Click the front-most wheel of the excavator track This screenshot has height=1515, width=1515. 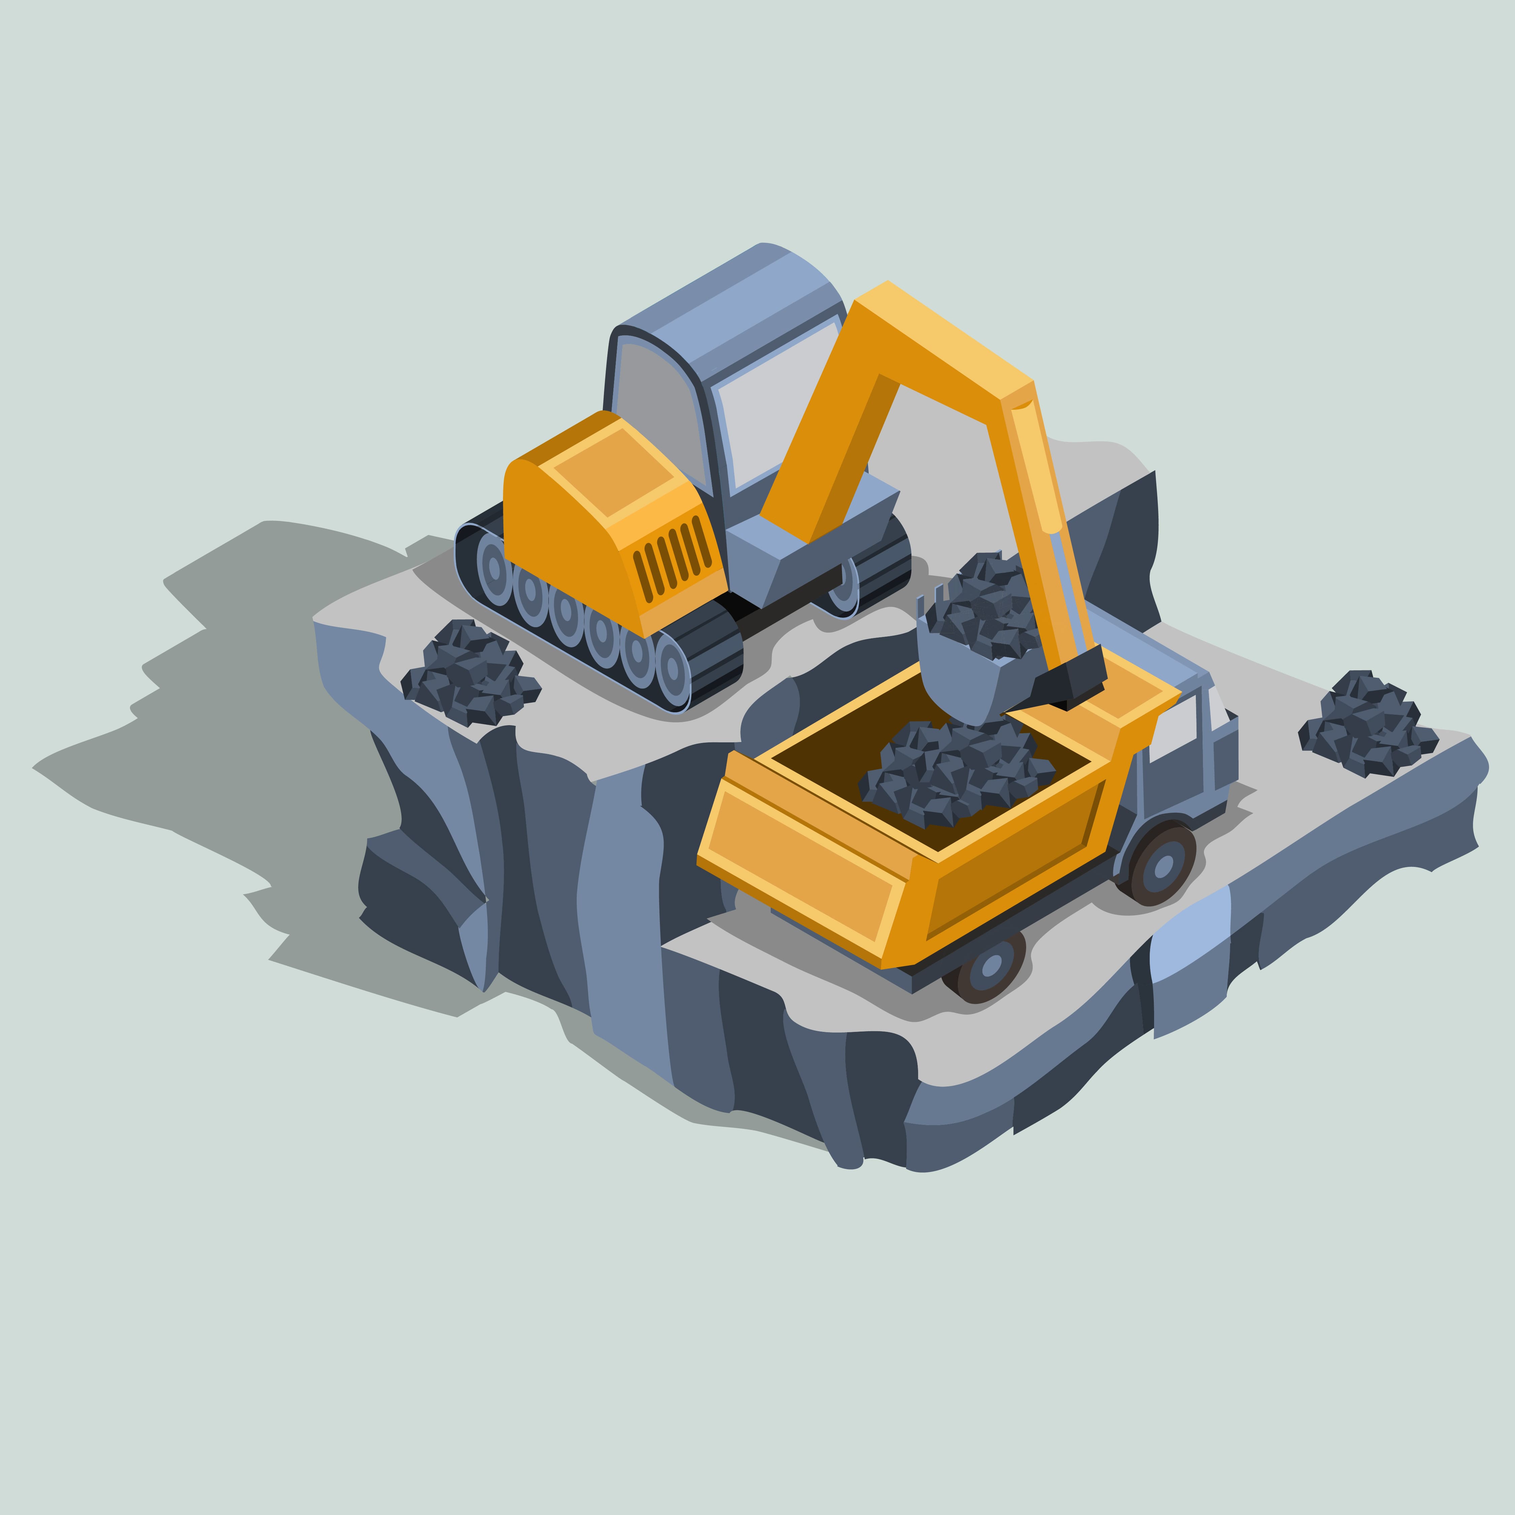click(672, 668)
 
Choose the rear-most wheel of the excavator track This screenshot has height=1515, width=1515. click(494, 569)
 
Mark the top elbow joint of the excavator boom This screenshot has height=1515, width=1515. click(1019, 392)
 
